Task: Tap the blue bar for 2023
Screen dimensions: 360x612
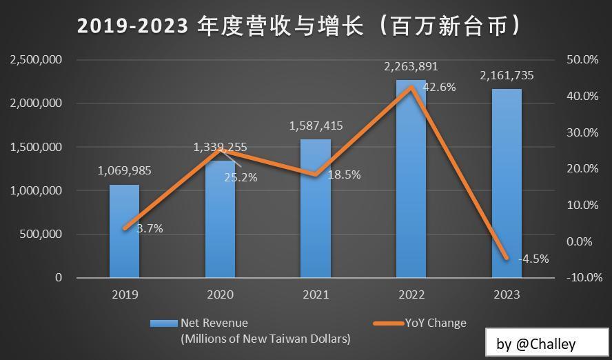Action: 507,183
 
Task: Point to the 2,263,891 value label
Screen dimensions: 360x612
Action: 411,67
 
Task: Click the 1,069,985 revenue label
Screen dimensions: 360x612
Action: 124,171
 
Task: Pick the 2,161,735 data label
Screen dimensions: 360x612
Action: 507,76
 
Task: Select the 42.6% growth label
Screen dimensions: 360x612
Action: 439,88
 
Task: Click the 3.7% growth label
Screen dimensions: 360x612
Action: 150,228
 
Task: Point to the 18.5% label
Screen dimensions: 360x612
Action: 344,175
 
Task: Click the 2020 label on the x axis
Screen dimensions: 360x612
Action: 220,294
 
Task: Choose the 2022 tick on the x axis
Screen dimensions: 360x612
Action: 411,294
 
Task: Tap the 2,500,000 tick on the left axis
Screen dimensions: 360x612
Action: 36,60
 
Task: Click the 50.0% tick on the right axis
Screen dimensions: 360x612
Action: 582,60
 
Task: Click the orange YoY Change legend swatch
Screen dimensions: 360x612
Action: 387,323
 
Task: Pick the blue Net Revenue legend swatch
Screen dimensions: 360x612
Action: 164,323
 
